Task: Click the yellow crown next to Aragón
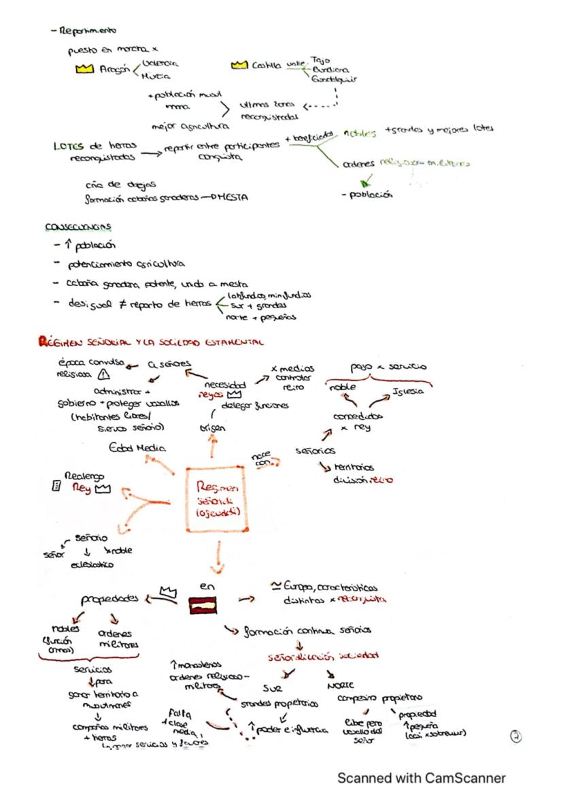click(84, 69)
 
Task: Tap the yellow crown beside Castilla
click(239, 65)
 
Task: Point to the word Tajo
click(319, 60)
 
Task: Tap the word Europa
click(296, 587)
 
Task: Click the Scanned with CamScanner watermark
click(422, 778)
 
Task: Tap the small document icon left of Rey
click(56, 487)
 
